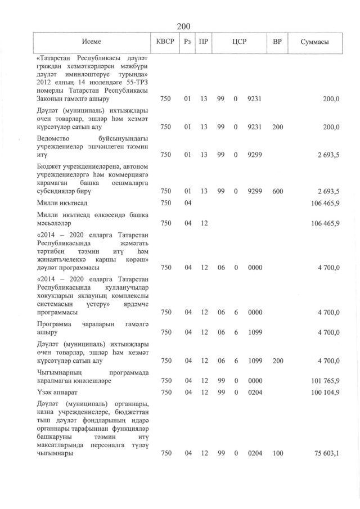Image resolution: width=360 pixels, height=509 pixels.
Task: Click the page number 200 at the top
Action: click(x=183, y=26)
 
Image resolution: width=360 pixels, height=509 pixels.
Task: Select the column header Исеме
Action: click(x=91, y=42)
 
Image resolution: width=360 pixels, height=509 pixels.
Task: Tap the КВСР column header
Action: click(x=165, y=42)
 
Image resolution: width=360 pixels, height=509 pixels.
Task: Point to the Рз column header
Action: click(x=188, y=42)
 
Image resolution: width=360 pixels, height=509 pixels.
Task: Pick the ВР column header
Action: click(x=277, y=42)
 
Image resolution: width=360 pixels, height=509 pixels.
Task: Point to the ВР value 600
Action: click(x=277, y=192)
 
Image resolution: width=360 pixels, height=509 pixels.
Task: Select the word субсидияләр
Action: click(x=60, y=192)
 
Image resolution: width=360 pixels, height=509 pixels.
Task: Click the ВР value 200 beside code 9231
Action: click(x=277, y=127)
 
